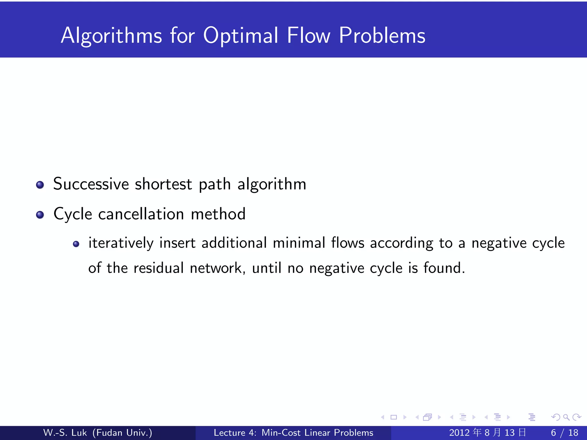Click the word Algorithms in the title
click(x=111, y=36)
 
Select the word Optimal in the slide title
click(x=241, y=36)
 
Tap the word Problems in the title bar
click(x=382, y=36)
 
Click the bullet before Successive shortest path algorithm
click(x=40, y=185)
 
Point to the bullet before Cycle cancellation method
click(x=40, y=215)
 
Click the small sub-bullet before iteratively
click(x=76, y=244)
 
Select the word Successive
click(x=91, y=184)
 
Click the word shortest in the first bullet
click(x=163, y=184)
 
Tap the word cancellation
click(x=141, y=214)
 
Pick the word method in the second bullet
click(x=218, y=214)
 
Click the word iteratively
click(x=121, y=243)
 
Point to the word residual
click(x=159, y=268)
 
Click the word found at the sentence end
click(x=442, y=268)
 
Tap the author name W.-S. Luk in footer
click(x=65, y=433)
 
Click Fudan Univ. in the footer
click(x=122, y=433)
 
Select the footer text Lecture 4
click(x=235, y=433)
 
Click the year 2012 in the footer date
click(x=459, y=433)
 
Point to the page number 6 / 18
click(x=564, y=433)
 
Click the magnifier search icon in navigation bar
click(x=566, y=417)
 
